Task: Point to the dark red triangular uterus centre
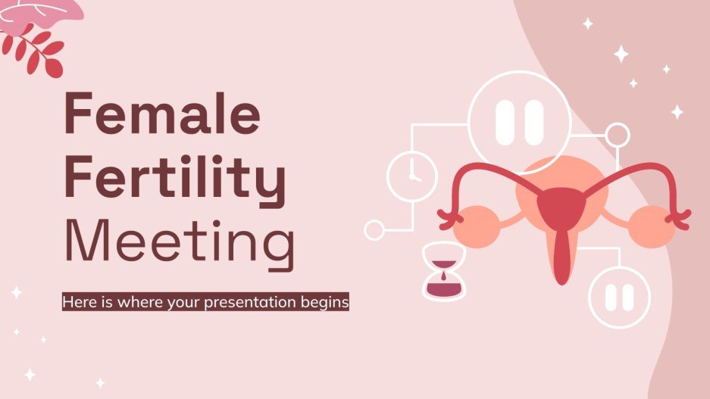561,204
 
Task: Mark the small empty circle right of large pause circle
618,135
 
